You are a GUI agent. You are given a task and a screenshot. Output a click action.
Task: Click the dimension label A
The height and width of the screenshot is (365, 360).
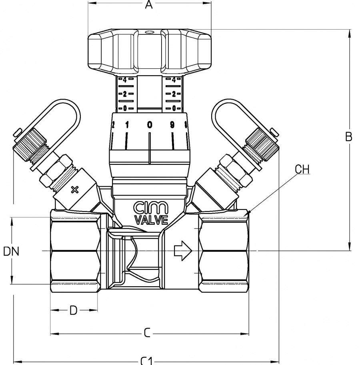149,5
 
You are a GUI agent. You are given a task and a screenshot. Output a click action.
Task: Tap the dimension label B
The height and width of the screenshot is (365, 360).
349,137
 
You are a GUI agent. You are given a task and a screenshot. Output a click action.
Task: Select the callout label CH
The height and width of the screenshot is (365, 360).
302,169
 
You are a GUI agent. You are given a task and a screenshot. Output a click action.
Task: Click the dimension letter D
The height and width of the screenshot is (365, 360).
73,310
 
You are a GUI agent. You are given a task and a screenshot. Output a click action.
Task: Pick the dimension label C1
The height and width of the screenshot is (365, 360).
146,361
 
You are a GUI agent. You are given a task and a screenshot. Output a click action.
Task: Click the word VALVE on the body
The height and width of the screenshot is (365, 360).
149,219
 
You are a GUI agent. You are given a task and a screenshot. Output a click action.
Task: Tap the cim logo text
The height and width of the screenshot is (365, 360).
149,208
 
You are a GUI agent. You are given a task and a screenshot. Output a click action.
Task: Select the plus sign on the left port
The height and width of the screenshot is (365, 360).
74,189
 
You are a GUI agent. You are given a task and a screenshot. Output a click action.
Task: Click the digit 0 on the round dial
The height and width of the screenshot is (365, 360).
150,125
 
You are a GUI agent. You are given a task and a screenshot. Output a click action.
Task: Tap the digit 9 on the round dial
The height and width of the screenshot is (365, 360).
172,125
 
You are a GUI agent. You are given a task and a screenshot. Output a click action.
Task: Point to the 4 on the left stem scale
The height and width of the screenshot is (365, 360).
124,80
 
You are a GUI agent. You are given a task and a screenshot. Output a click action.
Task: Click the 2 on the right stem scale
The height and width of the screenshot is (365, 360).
174,94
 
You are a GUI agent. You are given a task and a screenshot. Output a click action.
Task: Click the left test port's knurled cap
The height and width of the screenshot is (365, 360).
30,146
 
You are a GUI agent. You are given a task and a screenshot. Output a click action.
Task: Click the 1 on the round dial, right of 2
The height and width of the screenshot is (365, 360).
127,125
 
